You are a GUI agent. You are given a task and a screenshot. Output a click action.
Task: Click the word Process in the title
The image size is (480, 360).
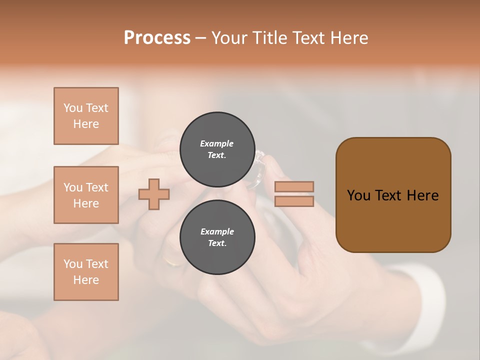point(157,38)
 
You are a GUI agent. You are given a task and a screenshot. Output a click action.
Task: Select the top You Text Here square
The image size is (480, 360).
point(86,116)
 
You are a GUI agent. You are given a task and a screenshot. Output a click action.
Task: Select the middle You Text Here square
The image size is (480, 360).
point(86,195)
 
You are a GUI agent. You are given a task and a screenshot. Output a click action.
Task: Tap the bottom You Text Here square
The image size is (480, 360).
point(86,272)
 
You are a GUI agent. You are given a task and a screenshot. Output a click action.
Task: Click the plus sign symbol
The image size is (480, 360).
point(154,194)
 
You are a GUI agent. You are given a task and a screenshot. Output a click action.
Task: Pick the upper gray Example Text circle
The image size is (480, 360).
point(217,149)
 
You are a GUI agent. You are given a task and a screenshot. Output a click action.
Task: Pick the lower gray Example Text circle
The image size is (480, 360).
point(217,237)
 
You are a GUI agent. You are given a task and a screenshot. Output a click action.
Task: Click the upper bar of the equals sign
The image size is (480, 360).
point(294,186)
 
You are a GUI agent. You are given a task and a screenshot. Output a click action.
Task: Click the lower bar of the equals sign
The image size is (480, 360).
point(294,201)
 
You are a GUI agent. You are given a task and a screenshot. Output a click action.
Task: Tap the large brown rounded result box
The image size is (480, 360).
point(393,195)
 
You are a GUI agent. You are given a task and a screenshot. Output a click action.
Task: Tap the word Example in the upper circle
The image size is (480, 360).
point(217,143)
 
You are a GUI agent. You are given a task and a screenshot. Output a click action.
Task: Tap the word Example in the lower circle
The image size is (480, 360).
point(217,231)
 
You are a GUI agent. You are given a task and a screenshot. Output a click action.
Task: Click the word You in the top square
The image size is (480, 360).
point(73,108)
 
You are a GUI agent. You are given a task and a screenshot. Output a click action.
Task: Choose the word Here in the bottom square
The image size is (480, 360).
point(86,280)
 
